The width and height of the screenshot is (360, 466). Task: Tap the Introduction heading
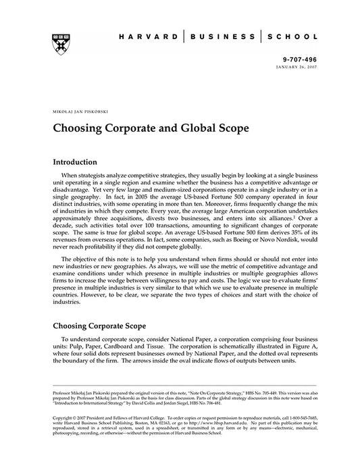coord(80,162)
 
